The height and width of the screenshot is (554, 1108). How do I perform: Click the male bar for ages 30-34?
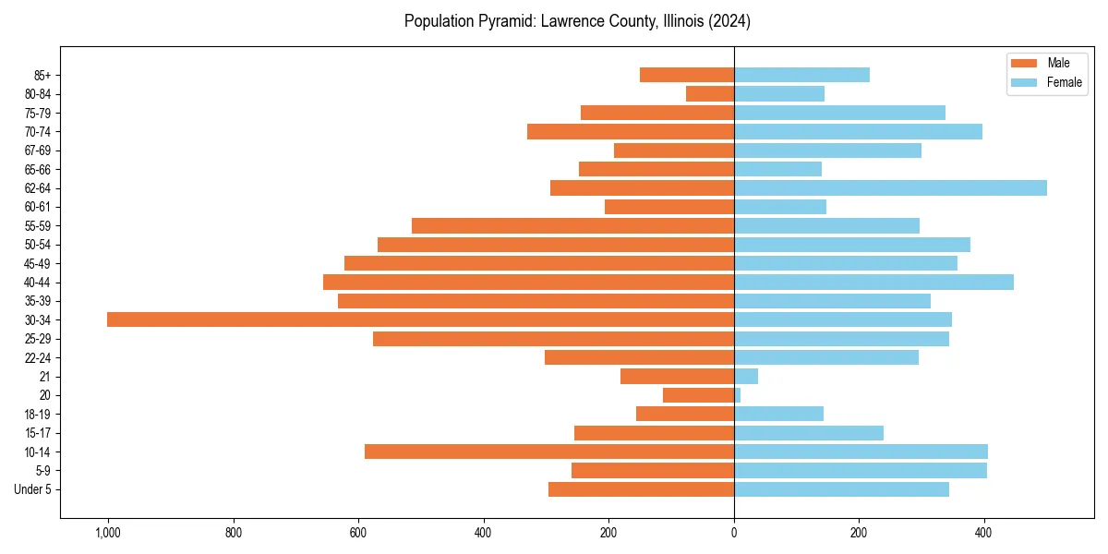tap(420, 319)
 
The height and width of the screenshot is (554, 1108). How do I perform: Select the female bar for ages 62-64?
tap(890, 187)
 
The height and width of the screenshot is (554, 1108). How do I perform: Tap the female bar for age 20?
tap(738, 395)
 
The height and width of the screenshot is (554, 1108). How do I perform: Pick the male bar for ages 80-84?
tap(710, 93)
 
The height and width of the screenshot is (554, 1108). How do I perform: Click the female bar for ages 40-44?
tap(873, 282)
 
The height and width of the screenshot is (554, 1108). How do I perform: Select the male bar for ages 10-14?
tap(549, 452)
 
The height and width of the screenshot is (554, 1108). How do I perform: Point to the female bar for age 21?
tap(746, 376)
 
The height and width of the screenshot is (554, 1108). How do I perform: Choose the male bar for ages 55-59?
tap(572, 225)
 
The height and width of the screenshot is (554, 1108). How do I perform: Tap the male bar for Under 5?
tap(641, 489)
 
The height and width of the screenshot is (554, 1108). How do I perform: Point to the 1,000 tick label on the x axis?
tap(108, 533)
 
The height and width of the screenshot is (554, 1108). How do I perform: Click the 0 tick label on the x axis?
tap(734, 533)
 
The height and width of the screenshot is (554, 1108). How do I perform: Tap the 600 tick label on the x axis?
tap(358, 533)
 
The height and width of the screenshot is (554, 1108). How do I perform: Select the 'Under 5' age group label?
tap(33, 489)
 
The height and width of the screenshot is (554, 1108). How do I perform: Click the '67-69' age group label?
tap(37, 151)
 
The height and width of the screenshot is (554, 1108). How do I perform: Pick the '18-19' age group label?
tap(37, 414)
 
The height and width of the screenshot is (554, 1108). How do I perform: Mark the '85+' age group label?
tap(41, 75)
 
